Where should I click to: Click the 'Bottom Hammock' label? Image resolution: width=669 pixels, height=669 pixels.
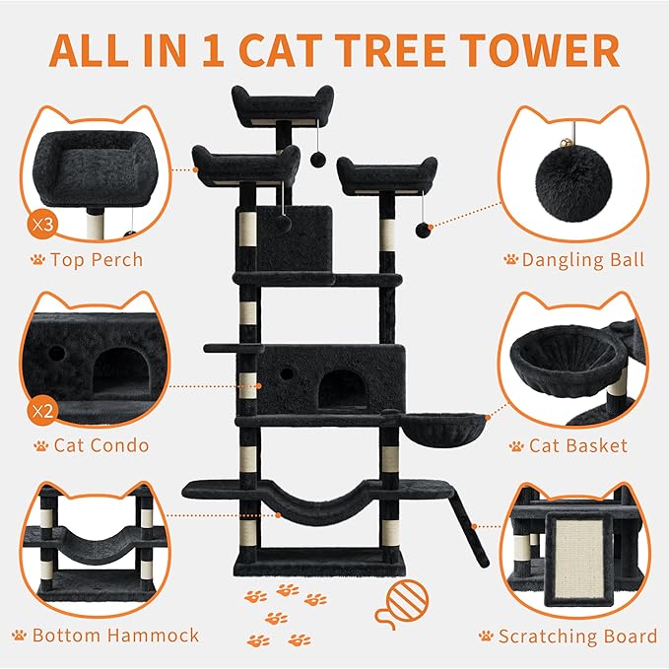tap(115, 636)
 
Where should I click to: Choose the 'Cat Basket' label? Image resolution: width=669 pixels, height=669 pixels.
tap(577, 445)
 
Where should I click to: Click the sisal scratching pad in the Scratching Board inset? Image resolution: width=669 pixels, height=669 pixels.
tap(575, 557)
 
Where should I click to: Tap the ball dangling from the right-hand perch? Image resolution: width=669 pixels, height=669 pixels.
tap(422, 231)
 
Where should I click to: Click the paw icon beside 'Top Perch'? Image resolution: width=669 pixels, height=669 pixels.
tap(37, 261)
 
